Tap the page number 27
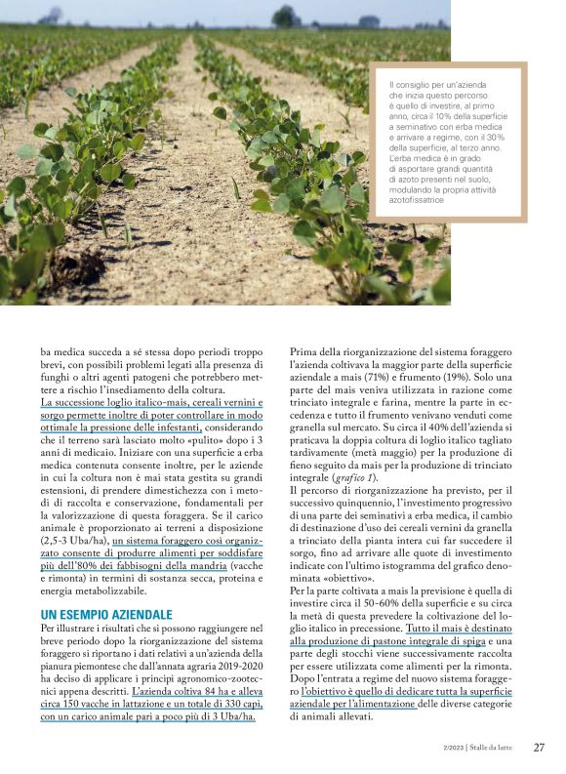(x=539, y=748)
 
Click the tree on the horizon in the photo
(x=286, y=16)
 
